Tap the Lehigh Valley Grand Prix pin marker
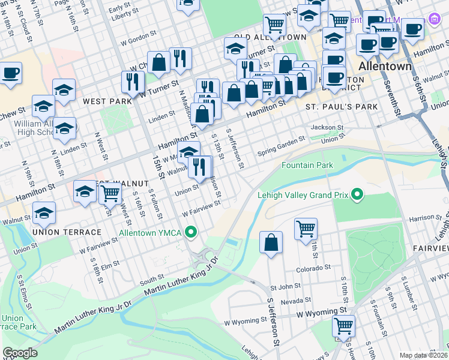click(x=357, y=194)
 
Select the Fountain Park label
click(x=307, y=165)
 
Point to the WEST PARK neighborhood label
click(x=107, y=101)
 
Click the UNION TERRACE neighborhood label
click(x=67, y=232)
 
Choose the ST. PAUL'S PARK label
click(x=342, y=107)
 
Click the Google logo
click(x=20, y=353)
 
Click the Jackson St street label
click(x=327, y=127)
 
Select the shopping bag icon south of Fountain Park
click(x=271, y=242)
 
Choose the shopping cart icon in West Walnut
click(x=110, y=193)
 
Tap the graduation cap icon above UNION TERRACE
click(x=44, y=212)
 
